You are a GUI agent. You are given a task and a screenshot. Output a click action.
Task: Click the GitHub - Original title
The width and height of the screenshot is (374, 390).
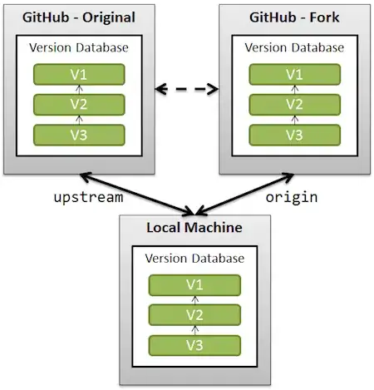pyautogui.click(x=79, y=17)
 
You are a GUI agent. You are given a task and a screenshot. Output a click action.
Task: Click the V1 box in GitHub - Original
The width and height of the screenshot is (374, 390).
pyautogui.click(x=79, y=74)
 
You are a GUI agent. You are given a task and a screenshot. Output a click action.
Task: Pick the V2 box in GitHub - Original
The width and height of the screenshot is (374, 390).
pyautogui.click(x=79, y=104)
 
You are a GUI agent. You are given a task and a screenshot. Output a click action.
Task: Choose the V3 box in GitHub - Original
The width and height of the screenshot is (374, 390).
pyautogui.click(x=79, y=134)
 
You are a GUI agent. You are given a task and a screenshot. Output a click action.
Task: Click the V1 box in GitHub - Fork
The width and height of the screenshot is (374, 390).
pyautogui.click(x=293, y=74)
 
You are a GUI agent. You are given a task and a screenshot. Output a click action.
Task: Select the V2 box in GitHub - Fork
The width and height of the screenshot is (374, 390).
pyautogui.click(x=293, y=104)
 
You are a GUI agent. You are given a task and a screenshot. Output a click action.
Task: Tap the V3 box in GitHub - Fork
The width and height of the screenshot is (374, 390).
pyautogui.click(x=293, y=134)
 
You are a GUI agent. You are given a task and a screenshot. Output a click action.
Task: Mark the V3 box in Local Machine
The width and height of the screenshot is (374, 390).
pyautogui.click(x=194, y=344)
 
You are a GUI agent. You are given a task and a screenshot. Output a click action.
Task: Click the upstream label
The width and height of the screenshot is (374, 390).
pyautogui.click(x=88, y=198)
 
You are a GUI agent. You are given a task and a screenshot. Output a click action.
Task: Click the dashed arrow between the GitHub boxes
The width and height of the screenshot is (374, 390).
pyautogui.click(x=186, y=86)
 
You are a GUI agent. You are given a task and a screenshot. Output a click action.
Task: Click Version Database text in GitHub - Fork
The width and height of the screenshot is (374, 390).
pyautogui.click(x=293, y=47)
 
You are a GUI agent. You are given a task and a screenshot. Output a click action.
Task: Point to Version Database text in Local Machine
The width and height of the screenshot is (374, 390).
pyautogui.click(x=194, y=259)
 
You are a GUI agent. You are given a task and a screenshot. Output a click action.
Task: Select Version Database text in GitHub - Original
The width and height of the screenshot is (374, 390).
pyautogui.click(x=79, y=47)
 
